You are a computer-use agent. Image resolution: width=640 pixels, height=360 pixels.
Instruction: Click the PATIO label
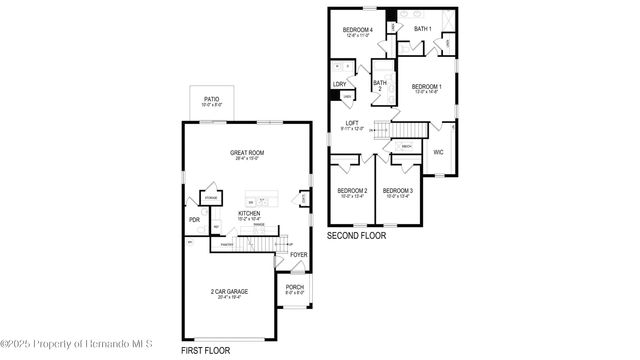pos(211,100)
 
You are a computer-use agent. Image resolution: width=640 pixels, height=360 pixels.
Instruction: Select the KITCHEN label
pos(250,213)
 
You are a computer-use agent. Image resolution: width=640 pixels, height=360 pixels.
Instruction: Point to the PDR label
pos(194,220)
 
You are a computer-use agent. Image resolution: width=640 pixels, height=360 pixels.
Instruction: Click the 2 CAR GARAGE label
pos(229,292)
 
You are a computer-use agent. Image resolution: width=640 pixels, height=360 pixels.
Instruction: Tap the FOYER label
pos(298,255)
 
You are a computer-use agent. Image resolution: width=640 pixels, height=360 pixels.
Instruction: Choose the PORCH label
pos(294,289)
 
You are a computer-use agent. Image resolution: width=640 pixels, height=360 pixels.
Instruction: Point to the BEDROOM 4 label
pos(357,30)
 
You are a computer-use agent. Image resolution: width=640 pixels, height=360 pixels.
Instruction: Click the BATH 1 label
pos(423,28)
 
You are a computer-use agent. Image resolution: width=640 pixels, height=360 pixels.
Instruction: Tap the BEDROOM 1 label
pos(427,87)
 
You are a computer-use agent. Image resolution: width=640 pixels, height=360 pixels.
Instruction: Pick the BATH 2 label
pos(379,85)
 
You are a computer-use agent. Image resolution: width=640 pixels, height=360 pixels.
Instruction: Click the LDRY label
pos(339,84)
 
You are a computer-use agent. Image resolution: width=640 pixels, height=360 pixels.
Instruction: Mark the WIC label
pos(438,152)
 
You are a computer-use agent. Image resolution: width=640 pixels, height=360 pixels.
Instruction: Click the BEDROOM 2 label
pos(352,190)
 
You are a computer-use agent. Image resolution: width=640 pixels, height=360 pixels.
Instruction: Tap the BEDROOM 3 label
pos(397,190)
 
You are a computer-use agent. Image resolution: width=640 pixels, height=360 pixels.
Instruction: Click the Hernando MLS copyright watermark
pos(76,344)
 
